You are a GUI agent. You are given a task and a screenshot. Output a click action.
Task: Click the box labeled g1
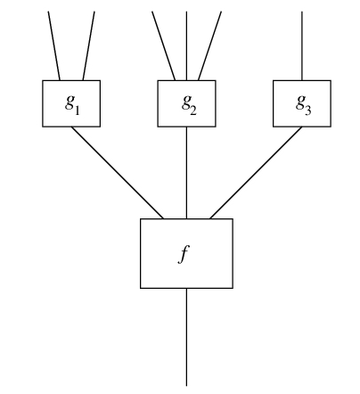pos(71,103)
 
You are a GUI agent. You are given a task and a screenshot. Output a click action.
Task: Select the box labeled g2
pos(186,103)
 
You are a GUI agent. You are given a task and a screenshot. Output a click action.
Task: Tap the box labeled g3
pos(302,103)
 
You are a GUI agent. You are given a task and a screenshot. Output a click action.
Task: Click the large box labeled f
pos(186,253)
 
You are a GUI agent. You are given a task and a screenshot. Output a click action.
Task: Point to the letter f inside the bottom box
pos(184,255)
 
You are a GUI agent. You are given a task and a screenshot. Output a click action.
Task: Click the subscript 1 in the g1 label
pos(77,111)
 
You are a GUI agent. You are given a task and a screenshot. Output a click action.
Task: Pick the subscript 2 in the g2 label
pos(193,111)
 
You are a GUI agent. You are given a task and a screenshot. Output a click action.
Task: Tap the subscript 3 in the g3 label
pos(308,111)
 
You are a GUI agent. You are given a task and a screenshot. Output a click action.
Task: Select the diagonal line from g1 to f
pos(118,173)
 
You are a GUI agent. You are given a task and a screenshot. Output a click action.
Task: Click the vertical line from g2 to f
pos(186,173)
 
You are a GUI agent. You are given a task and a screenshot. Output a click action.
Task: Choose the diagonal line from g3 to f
pos(256,173)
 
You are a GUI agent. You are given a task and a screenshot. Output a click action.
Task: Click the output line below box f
pos(186,337)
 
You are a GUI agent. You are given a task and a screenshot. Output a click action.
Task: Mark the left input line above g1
pos(54,45)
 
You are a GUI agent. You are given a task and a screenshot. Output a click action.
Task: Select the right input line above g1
pos(89,45)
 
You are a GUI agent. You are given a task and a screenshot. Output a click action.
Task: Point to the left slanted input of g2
pos(163,45)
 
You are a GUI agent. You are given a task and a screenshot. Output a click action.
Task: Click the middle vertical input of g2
pos(186,45)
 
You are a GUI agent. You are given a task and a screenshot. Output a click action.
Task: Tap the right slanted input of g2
pos(209,45)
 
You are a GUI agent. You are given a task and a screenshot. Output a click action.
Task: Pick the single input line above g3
pos(302,45)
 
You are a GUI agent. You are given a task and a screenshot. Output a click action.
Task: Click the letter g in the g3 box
pos(300,103)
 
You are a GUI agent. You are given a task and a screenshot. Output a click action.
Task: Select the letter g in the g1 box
pos(70,103)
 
